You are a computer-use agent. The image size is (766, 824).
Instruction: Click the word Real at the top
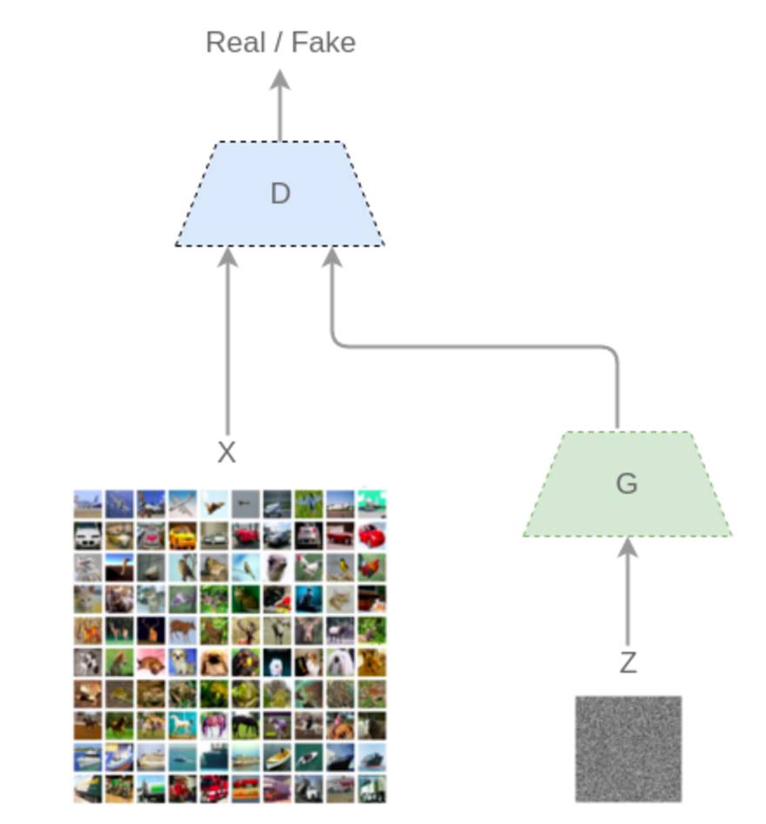click(234, 42)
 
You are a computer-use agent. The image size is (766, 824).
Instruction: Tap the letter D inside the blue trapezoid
click(280, 193)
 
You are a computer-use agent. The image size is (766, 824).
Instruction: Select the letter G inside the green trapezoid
click(626, 483)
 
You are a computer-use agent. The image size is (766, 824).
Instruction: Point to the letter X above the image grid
click(226, 452)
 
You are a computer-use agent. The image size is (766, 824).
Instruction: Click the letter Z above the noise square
click(628, 663)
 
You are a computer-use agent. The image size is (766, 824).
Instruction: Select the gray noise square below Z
click(628, 748)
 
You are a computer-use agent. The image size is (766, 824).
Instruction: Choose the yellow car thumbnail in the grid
click(182, 536)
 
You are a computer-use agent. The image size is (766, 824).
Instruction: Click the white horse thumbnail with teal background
click(182, 725)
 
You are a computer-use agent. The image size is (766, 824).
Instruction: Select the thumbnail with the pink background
click(150, 662)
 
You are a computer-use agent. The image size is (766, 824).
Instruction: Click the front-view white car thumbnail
click(88, 536)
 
